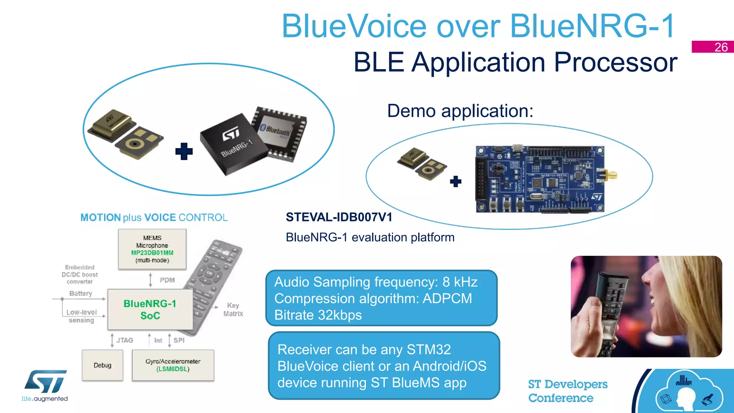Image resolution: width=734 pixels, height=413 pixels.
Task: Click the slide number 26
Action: click(720, 47)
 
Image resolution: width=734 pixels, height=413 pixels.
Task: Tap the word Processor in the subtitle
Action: click(615, 62)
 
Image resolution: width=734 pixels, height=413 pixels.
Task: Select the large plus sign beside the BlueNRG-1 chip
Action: click(184, 151)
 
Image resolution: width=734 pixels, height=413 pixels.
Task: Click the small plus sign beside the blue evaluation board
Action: click(456, 181)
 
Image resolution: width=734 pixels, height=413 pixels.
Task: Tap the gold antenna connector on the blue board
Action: click(610, 176)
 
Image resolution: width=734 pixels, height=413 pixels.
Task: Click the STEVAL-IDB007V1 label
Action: click(339, 217)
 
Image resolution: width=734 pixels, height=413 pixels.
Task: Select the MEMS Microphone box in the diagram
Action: click(152, 249)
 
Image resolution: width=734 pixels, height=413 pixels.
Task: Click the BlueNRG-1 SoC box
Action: click(150, 309)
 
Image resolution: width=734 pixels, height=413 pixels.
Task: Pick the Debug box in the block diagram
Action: click(103, 365)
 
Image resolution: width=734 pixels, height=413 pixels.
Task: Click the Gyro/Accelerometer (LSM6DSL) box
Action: click(173, 365)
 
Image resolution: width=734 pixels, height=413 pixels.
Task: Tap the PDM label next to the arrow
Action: click(167, 280)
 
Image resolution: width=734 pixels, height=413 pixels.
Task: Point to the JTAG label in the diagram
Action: click(124, 340)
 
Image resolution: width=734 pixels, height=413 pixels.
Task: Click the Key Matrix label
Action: click(233, 309)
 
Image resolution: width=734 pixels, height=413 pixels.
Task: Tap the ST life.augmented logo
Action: click(45, 385)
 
